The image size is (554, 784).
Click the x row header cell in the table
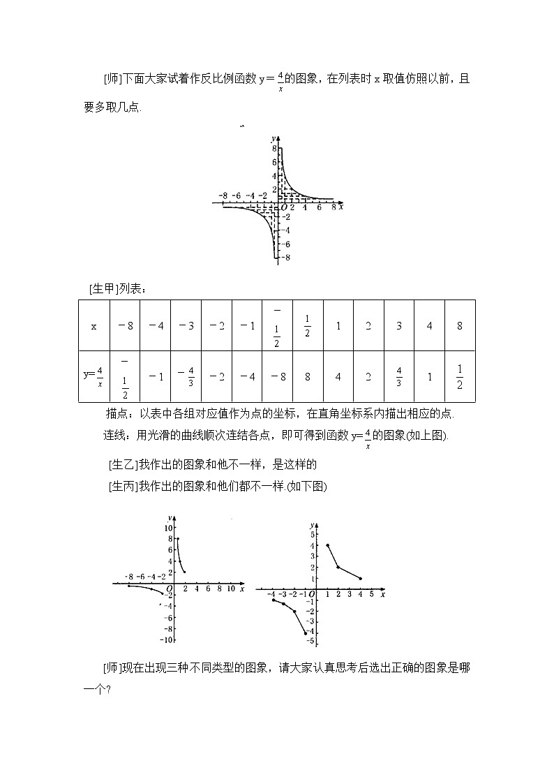[x=94, y=326]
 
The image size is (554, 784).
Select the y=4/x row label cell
[x=94, y=376]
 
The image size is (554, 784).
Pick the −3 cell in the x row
[x=186, y=326]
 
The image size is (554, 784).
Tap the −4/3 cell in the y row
[x=186, y=376]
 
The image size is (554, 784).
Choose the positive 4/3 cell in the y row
[x=399, y=376]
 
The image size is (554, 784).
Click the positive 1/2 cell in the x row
[x=308, y=326]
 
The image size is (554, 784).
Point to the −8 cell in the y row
[x=277, y=377]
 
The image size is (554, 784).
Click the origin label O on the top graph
[x=283, y=208]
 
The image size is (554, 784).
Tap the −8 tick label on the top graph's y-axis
[x=286, y=258]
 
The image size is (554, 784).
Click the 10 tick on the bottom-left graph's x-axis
[x=230, y=589]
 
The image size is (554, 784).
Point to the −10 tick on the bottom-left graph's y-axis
[x=166, y=639]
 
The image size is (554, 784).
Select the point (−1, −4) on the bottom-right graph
[x=306, y=633]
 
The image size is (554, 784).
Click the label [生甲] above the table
[x=104, y=288]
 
